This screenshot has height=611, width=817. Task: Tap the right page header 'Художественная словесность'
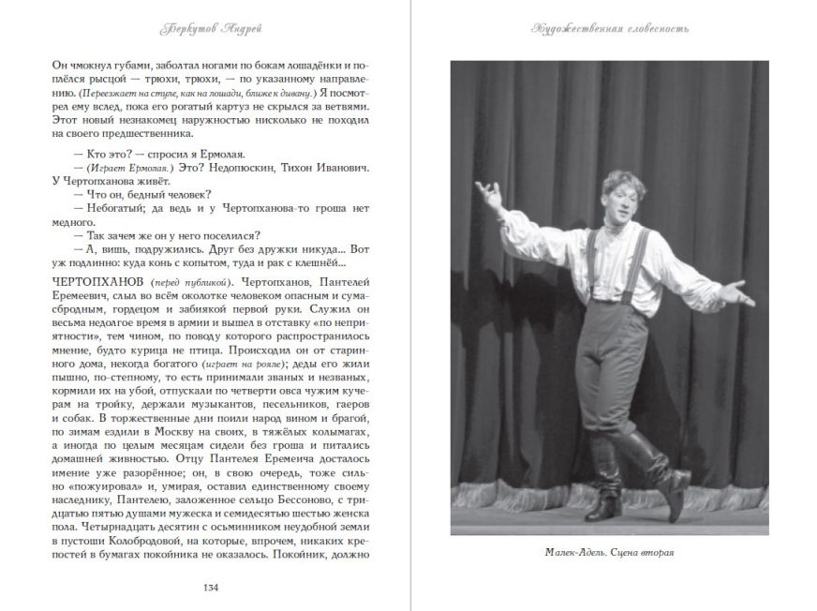coord(610,28)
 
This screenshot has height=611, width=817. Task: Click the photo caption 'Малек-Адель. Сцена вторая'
coord(609,550)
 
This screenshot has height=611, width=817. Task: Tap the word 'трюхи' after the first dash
coord(133,78)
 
